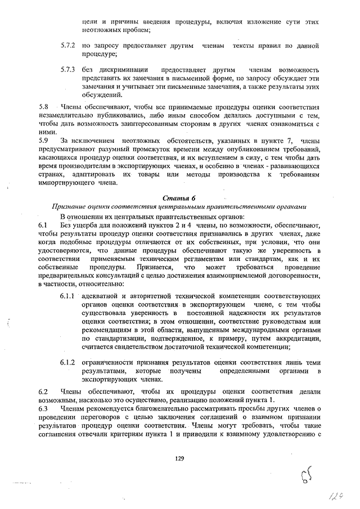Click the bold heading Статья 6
[x=178, y=199]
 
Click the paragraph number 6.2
[x=43, y=391]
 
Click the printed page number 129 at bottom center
[x=179, y=459]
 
